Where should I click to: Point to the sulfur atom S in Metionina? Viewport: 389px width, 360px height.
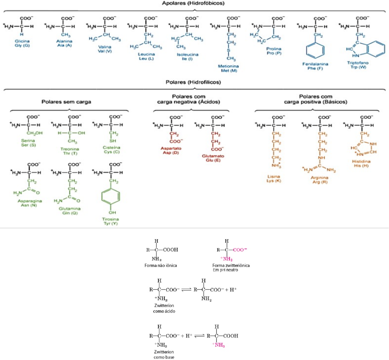pos(229,50)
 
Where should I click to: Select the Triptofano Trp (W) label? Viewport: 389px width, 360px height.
pos(358,65)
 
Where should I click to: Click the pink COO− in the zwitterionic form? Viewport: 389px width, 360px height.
pos(240,250)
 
